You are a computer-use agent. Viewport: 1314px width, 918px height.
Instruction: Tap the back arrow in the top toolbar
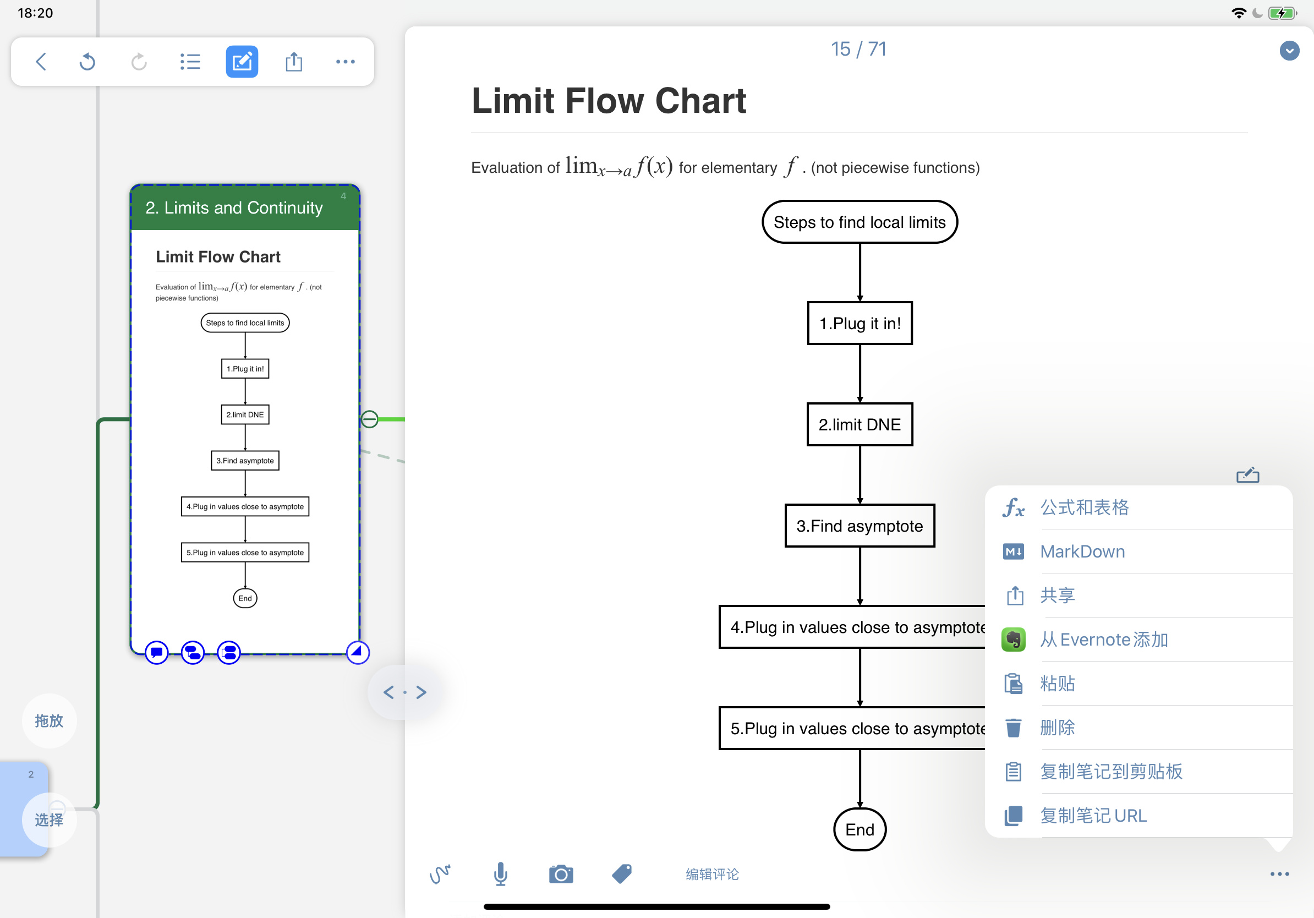click(x=41, y=61)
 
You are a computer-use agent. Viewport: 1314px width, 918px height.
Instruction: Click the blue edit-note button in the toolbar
click(x=242, y=61)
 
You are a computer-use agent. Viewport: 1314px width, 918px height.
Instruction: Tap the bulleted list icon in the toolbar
click(x=190, y=61)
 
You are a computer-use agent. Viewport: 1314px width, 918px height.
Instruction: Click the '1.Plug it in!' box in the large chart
click(x=859, y=324)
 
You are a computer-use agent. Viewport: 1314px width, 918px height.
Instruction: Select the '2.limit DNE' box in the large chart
click(x=859, y=425)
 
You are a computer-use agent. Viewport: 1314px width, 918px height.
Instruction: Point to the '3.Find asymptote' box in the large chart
click(x=859, y=526)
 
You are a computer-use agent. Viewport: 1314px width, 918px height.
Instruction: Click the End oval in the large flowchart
click(x=859, y=830)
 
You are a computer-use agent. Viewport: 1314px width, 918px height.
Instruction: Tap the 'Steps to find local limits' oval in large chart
click(x=859, y=222)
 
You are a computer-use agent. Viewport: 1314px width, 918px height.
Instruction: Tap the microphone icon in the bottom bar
click(x=501, y=874)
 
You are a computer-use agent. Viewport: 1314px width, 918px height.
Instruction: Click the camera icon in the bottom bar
click(x=561, y=874)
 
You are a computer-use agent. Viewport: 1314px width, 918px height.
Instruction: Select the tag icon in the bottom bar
click(x=622, y=874)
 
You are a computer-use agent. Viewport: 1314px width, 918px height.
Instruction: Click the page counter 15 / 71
click(x=858, y=49)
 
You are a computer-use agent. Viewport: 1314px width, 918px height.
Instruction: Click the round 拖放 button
click(x=49, y=720)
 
